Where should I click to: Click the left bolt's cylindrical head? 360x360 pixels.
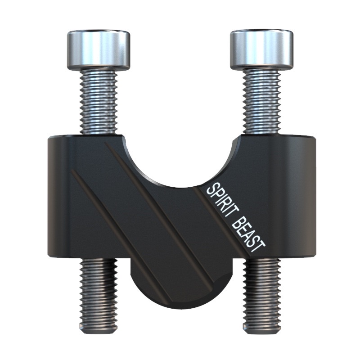point(99,50)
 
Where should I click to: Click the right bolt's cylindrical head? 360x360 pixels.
point(262,49)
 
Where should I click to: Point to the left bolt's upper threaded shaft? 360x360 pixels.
point(99,102)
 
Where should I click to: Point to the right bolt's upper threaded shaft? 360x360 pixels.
point(262,102)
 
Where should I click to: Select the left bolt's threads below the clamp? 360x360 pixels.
point(99,294)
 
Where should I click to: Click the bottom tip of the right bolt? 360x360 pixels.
point(262,333)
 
